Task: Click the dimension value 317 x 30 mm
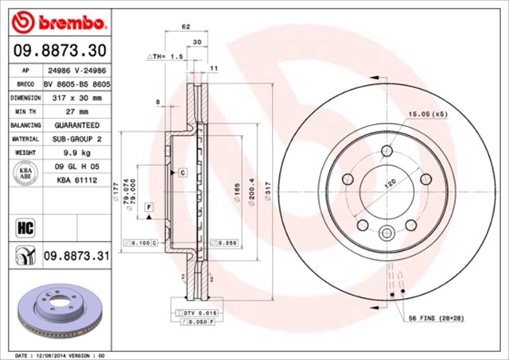(x=77, y=98)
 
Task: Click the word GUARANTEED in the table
(x=77, y=126)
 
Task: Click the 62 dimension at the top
(x=186, y=27)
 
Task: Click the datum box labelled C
(x=181, y=172)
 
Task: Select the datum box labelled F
(x=149, y=207)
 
